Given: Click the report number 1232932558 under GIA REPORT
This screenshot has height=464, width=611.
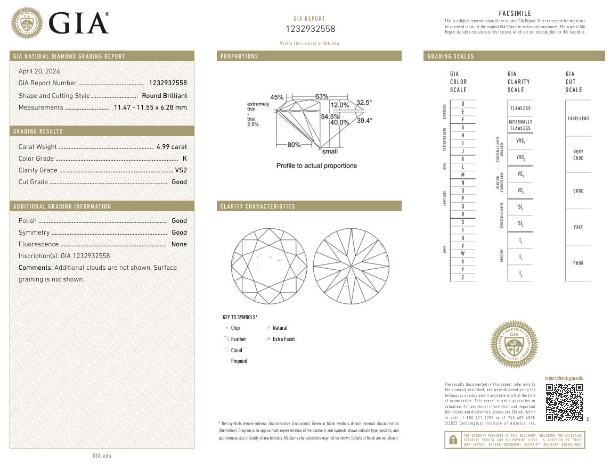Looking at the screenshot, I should click(311, 29).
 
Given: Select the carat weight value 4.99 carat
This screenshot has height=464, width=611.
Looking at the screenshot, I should click(172, 147).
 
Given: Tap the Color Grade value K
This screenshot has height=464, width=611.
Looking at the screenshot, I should click(184, 159).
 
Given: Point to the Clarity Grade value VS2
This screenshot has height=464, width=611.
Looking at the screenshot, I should click(181, 170).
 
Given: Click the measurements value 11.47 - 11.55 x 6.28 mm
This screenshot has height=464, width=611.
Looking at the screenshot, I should click(150, 107).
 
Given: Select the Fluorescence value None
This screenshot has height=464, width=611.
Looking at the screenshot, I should click(179, 244).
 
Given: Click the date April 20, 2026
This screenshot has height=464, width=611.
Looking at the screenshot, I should click(39, 71).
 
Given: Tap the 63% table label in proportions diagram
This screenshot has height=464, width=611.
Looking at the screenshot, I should click(322, 96).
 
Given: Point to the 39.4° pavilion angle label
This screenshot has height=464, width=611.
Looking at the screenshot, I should click(364, 121).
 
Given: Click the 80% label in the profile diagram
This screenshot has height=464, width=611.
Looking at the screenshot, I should click(294, 145).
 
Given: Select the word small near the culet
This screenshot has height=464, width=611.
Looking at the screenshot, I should click(330, 152).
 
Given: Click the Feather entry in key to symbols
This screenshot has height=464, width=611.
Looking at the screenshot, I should click(238, 339).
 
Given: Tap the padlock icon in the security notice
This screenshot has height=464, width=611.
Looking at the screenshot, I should click(453, 440).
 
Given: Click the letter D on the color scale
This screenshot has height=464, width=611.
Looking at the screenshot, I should click(462, 104).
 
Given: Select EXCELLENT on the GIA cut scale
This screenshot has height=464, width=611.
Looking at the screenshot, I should click(578, 119).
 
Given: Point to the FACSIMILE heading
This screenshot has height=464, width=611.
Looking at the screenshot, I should click(515, 13).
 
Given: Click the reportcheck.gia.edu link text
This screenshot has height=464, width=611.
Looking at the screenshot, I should click(564, 378).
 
